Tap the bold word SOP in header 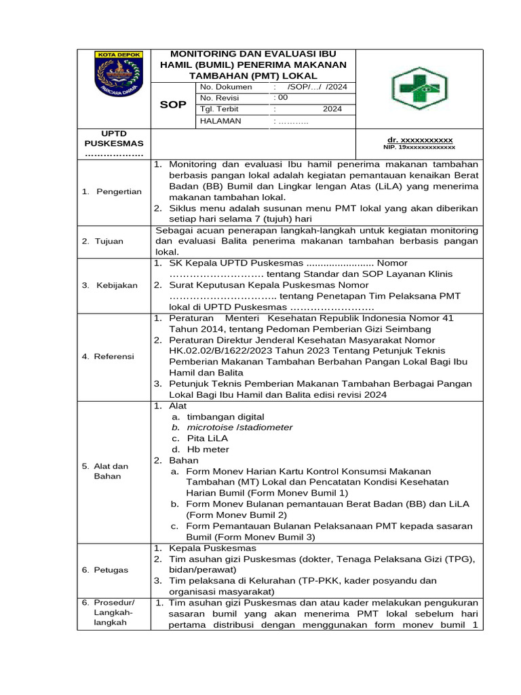point(173,104)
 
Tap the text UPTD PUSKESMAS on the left point(114,138)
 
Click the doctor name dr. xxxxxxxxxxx point(419,139)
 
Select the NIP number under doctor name point(419,147)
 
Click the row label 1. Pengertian point(112,191)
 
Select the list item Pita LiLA point(208,438)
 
